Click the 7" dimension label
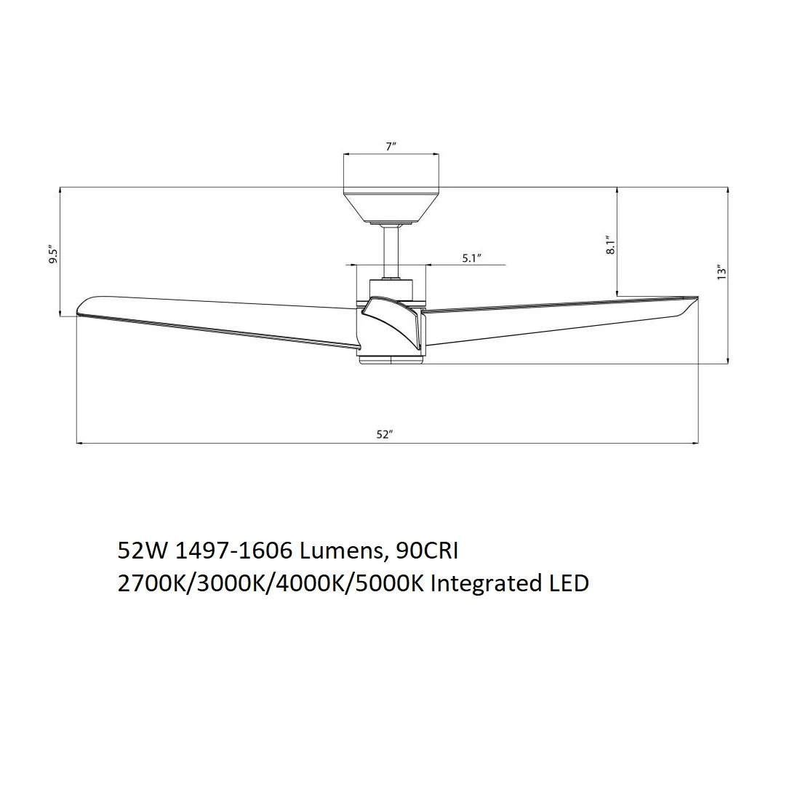click(391, 146)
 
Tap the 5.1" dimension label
click(472, 258)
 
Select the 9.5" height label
click(54, 254)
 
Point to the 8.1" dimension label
click(611, 245)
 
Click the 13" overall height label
click(721, 272)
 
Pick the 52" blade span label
click(385, 435)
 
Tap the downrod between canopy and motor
click(391, 251)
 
